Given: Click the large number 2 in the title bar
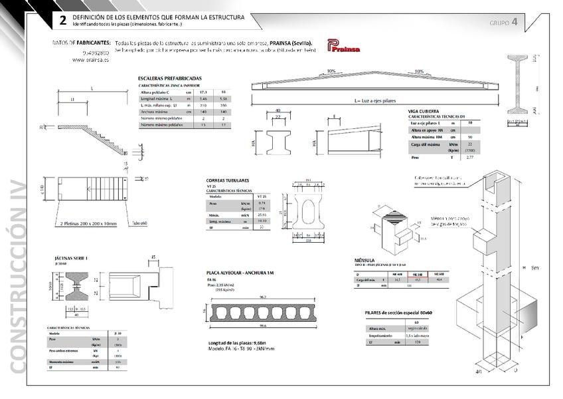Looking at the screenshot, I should pos(62,20).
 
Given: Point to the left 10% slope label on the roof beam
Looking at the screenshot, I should pos(331,71).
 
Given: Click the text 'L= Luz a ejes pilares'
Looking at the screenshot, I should pos(375,100).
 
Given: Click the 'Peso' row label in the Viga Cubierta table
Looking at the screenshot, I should pos(414,158).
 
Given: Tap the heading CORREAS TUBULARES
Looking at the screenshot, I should pos(228,180).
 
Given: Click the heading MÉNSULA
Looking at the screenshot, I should pos(365,260).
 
